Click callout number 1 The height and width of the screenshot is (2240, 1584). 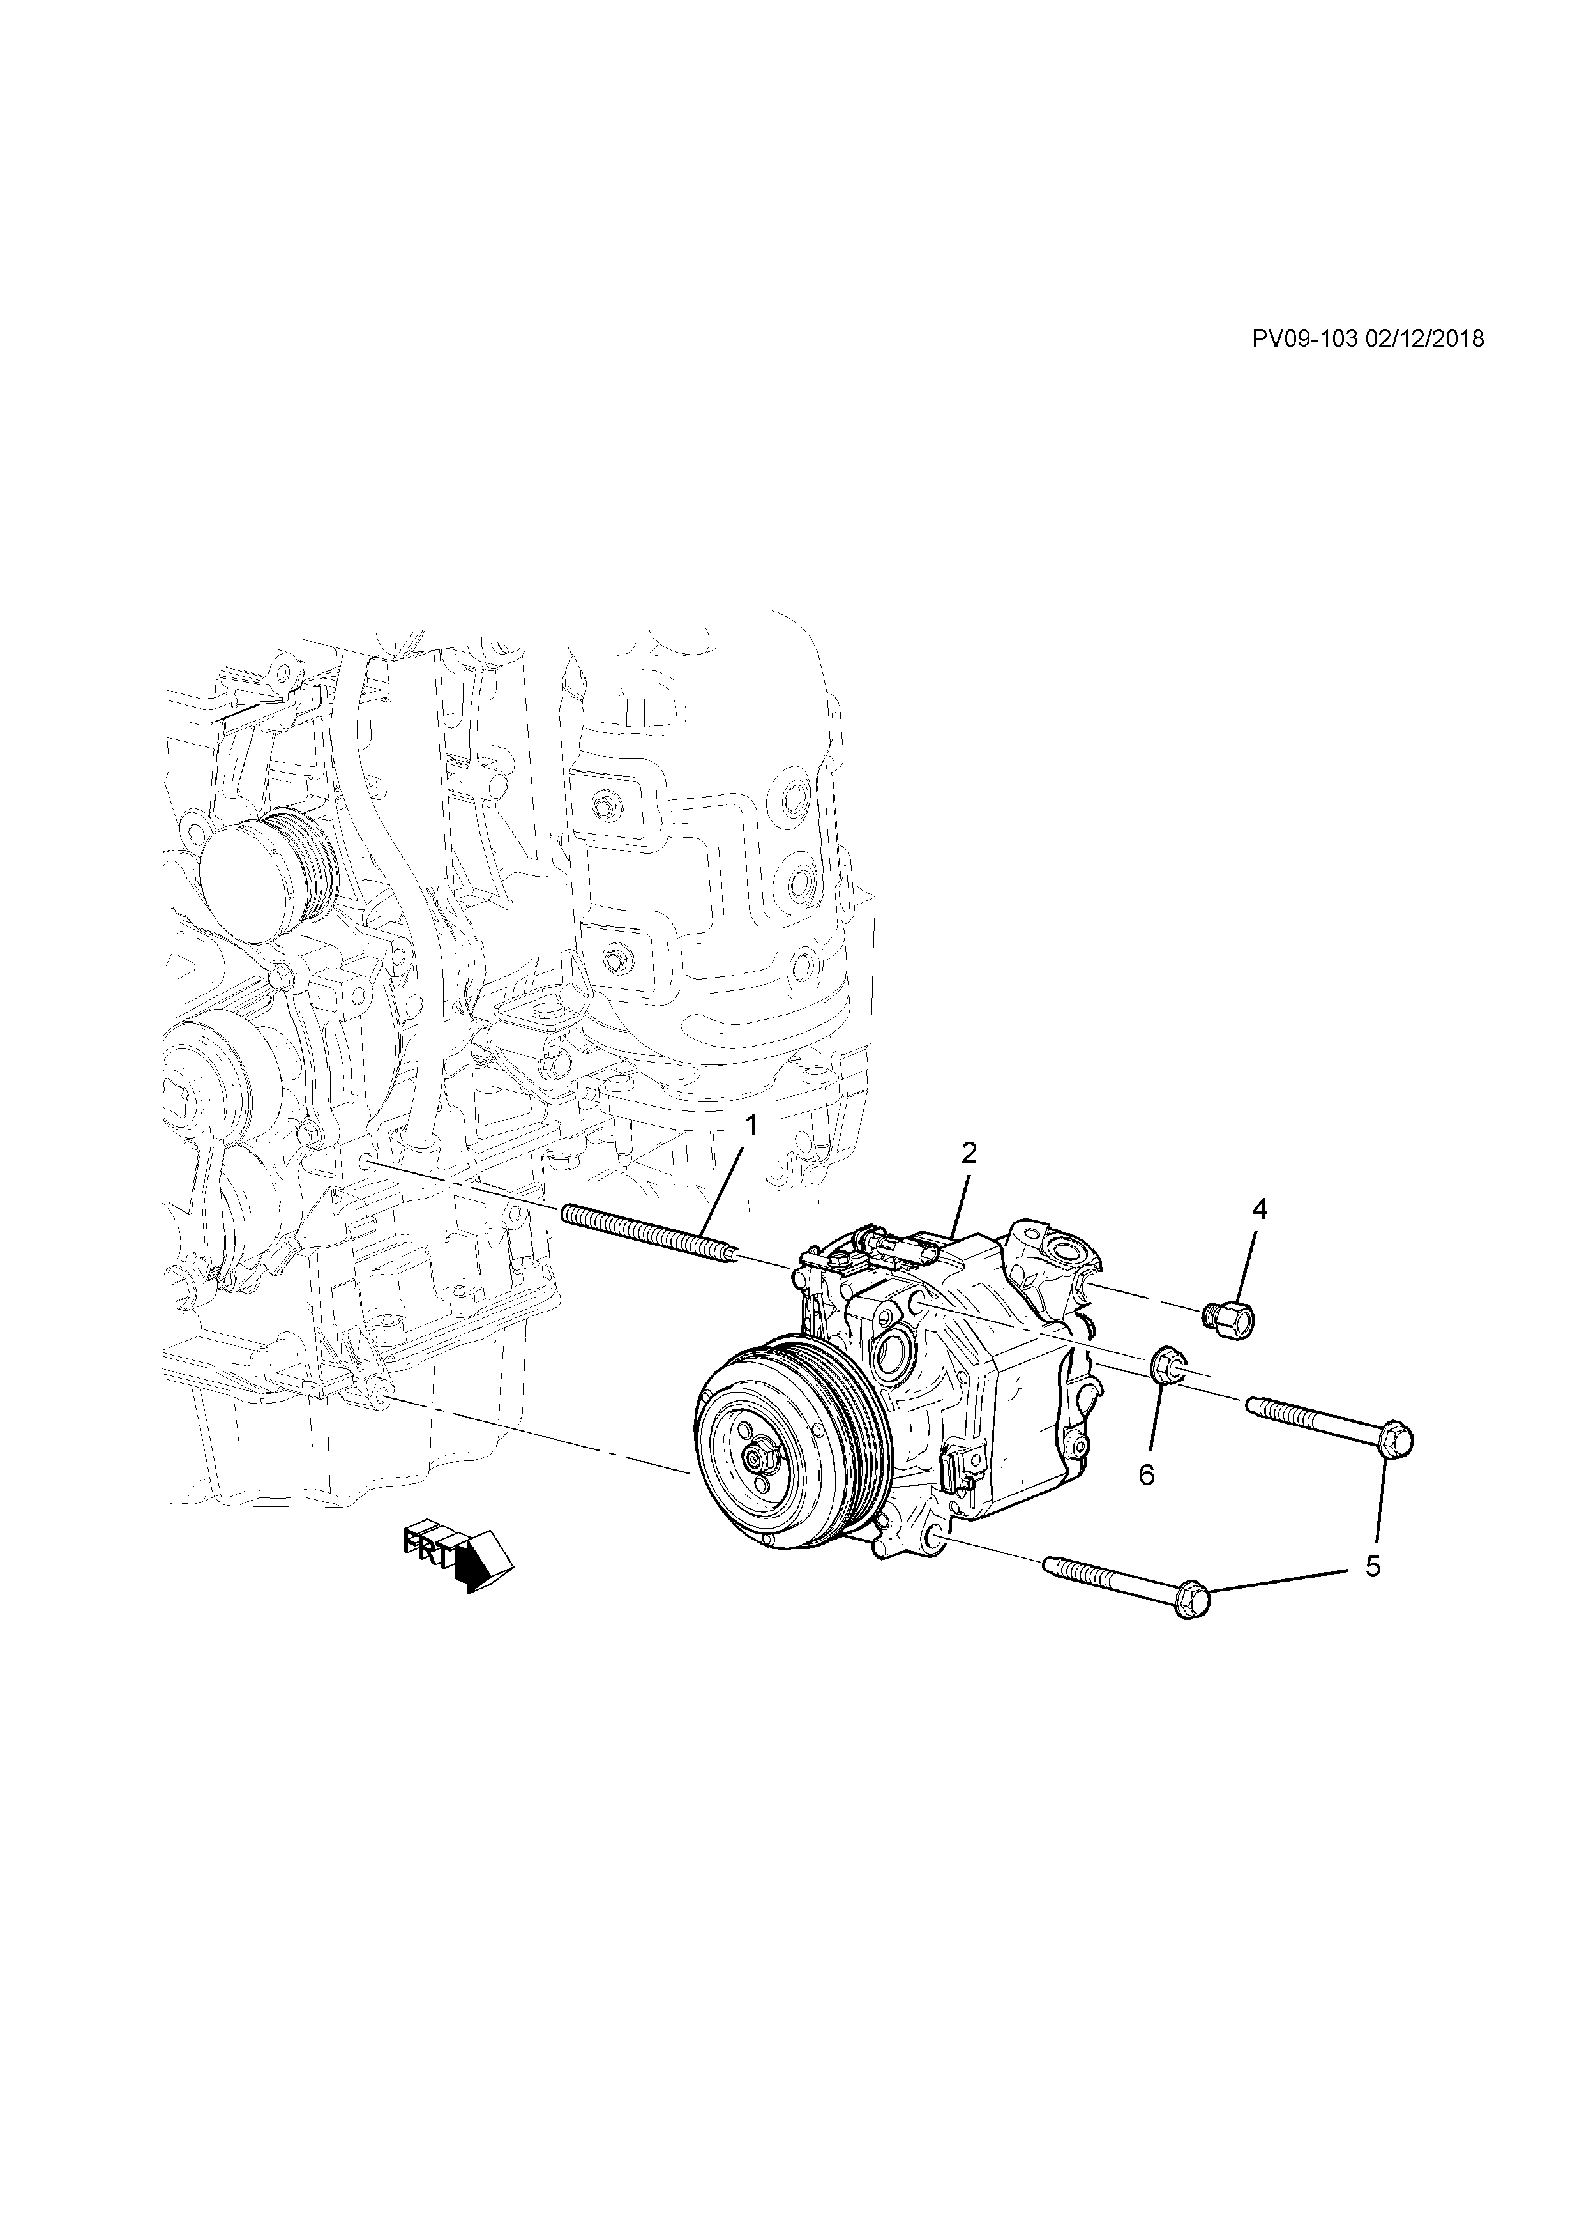click(751, 1126)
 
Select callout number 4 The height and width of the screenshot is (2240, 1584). click(1259, 1211)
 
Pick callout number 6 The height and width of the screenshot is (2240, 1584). click(1146, 1474)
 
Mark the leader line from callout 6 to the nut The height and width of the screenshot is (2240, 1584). click(1155, 1419)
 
